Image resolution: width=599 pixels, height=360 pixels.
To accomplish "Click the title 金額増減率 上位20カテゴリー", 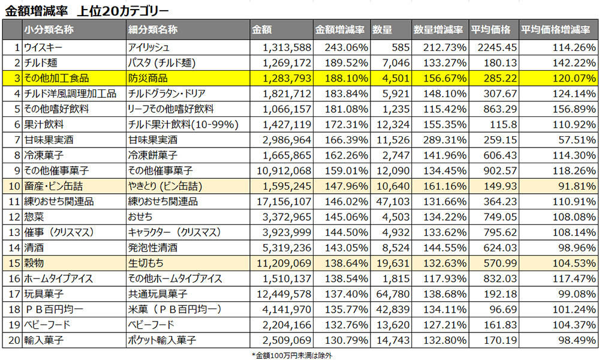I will click(x=86, y=10).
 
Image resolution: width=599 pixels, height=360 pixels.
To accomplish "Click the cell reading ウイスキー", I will click(x=43, y=47).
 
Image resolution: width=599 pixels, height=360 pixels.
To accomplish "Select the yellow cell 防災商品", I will click(x=148, y=78).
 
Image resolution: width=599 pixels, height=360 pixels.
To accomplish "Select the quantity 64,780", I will click(x=395, y=295).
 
